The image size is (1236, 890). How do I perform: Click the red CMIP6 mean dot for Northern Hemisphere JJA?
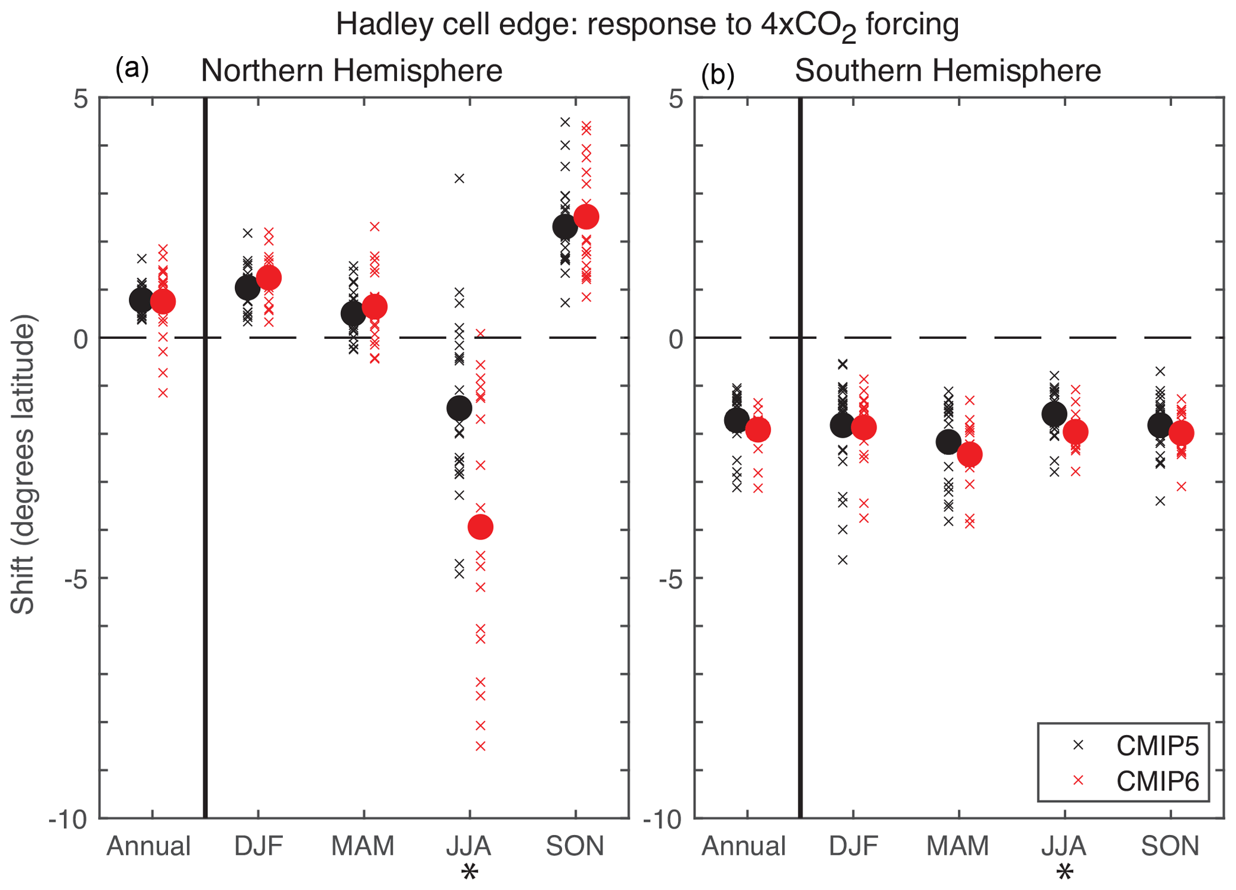coord(480,527)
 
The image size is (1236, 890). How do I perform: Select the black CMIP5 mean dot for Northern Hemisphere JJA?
coord(459,408)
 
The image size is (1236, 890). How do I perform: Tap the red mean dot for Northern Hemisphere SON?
coord(586,216)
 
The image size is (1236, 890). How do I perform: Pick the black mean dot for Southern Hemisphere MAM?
coord(948,442)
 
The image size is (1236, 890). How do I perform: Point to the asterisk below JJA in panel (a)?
coord(469,873)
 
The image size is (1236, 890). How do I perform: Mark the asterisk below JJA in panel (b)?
coord(1064,873)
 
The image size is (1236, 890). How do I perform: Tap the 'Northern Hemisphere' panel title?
coord(351,71)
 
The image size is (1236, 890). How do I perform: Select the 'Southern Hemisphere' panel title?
coord(947,71)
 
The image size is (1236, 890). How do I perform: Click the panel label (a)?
coord(132,69)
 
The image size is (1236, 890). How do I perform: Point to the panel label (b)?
coord(718,75)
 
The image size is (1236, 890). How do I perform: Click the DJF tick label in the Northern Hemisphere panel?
coord(258,846)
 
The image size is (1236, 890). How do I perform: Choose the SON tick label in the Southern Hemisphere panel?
coord(1170,846)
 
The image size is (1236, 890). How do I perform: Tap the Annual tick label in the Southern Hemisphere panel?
coord(744,846)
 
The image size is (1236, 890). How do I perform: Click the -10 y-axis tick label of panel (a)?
coord(68,819)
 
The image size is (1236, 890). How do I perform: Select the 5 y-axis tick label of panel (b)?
coord(676,99)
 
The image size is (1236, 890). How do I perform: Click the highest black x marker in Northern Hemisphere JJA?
coord(459,178)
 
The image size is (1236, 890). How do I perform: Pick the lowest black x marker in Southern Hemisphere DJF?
coord(843,560)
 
